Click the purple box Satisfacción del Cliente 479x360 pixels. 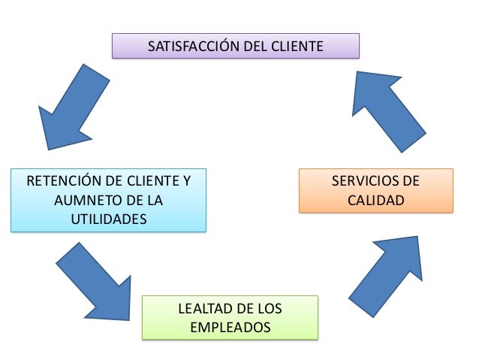click(x=235, y=46)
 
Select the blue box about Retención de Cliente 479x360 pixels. click(x=108, y=201)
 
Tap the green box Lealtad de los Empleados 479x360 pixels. click(x=230, y=318)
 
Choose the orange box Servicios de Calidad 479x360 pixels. click(x=375, y=191)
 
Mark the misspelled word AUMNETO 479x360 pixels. click(x=84, y=201)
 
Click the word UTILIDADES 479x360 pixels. click(x=108, y=219)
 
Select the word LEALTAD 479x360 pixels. click(x=202, y=309)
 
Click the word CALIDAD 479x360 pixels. click(x=375, y=201)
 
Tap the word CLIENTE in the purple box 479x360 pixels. click(x=299, y=47)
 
